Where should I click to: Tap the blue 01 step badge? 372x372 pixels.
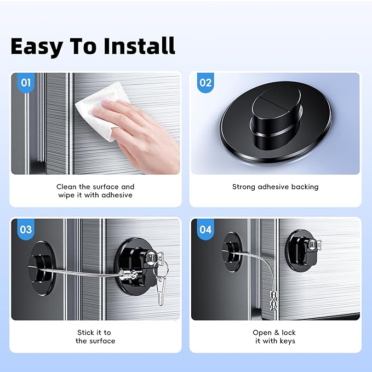click(x=25, y=83)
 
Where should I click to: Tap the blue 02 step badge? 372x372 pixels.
click(x=205, y=83)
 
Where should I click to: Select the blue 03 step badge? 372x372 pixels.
click(x=25, y=229)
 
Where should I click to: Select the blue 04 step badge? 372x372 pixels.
click(x=205, y=229)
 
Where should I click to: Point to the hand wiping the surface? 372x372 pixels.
click(x=142, y=131)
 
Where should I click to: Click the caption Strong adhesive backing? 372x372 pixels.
click(x=275, y=187)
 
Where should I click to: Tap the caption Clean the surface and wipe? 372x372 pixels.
click(x=95, y=191)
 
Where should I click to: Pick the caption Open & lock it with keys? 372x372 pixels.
click(x=275, y=336)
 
